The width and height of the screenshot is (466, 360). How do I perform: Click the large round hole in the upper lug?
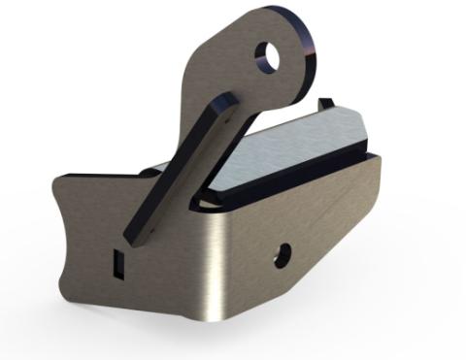click(x=273, y=59)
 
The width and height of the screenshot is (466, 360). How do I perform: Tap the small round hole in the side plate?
click(x=282, y=254)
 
